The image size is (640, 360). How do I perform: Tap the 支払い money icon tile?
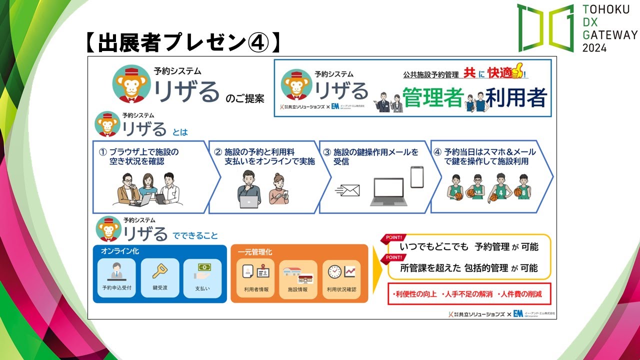[x=202, y=277]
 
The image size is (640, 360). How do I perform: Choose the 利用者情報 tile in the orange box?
[x=256, y=277]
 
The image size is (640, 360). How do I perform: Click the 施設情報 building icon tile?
[x=298, y=277]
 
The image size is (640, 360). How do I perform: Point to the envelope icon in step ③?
[x=348, y=190]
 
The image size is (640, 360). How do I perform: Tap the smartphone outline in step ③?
[x=417, y=177]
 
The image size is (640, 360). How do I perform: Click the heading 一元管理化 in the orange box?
[x=255, y=252]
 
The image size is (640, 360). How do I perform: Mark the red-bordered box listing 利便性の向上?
[x=468, y=293]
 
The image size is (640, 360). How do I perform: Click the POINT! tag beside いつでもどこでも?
[x=394, y=238]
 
